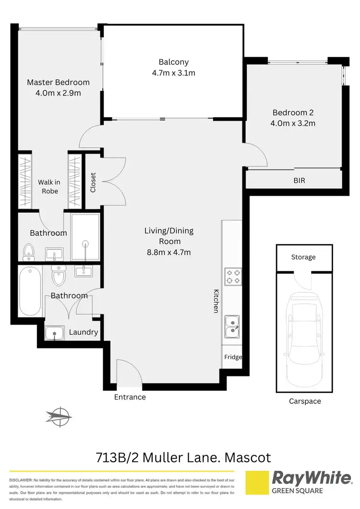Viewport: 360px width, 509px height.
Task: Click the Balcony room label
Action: coord(173,62)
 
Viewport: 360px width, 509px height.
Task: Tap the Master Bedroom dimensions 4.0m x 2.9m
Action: coord(58,93)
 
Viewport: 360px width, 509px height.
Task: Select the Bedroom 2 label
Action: coord(293,113)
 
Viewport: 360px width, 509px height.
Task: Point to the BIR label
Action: coord(299,181)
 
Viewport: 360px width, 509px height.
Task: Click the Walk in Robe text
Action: coord(48,186)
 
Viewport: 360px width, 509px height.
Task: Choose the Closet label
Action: coord(93,183)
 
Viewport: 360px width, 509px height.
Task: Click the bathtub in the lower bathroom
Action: coord(29,291)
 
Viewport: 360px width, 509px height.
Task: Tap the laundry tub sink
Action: coord(55,332)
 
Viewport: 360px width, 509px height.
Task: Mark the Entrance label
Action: coord(130,397)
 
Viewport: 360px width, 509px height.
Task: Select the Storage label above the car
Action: coord(303,257)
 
